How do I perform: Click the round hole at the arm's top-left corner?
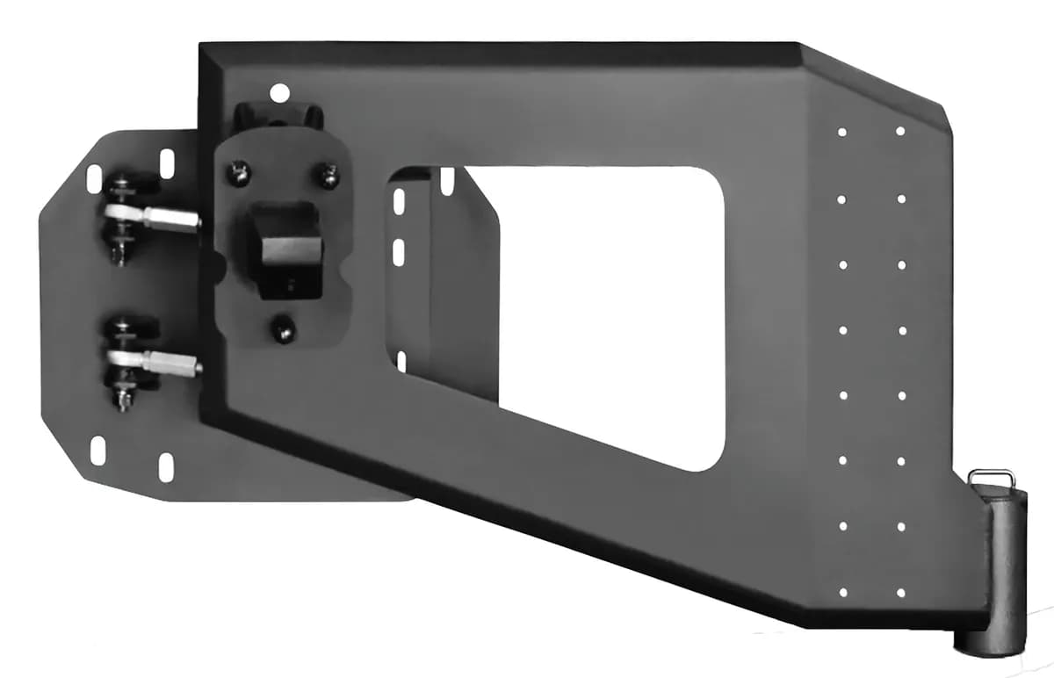279,90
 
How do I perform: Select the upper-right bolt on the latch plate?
328,177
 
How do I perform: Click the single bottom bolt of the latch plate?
281,330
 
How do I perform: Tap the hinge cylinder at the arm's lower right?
998,572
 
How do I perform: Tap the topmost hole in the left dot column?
841,133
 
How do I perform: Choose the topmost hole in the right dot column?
900,131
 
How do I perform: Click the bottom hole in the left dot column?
842,592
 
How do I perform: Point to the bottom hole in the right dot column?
901,592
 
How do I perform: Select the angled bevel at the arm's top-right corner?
878,83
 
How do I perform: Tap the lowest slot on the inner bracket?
401,360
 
